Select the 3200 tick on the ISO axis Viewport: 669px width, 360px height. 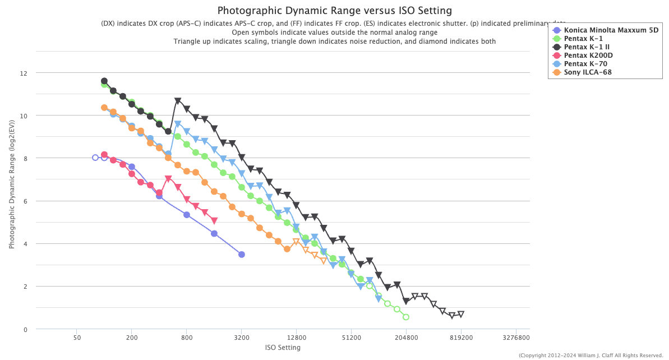pos(242,338)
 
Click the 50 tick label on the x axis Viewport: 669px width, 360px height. pos(77,338)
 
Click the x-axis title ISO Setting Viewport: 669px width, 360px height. pos(283,348)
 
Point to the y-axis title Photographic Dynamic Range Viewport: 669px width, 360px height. pos(11,191)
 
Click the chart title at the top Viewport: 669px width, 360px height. pos(334,11)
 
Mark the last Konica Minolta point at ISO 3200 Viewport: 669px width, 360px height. pos(242,255)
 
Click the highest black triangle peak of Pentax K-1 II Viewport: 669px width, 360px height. pos(178,101)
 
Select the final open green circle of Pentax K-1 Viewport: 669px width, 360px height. pos(406,317)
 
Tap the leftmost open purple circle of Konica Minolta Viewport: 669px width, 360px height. pos(95,158)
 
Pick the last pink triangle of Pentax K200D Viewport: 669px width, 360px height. pos(214,221)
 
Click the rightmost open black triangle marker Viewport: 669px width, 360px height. pos(461,314)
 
